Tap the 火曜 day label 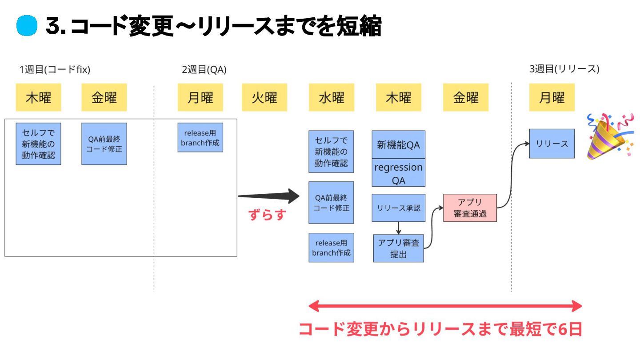tap(264, 97)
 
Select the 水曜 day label tap(331, 97)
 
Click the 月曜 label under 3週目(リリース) tap(552, 97)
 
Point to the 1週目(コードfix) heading tap(55, 69)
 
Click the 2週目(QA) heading tap(204, 69)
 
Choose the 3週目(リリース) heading tap(564, 69)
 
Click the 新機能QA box tap(398, 144)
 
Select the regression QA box tap(398, 173)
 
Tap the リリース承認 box tap(398, 208)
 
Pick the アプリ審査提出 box tap(398, 248)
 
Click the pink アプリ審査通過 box tap(470, 208)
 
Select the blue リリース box tap(552, 144)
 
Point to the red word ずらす tap(267, 215)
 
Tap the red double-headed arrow tap(445, 306)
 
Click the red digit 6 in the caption tap(563, 329)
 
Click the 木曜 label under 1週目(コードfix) tap(38, 97)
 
